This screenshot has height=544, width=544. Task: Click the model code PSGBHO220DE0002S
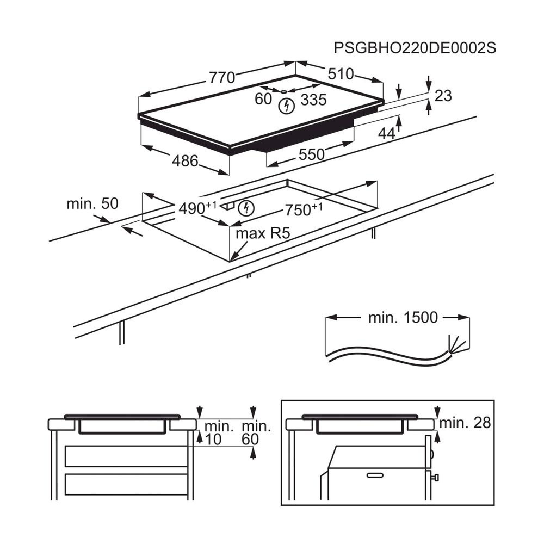[x=415, y=47]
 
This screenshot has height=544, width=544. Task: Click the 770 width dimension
[x=222, y=77]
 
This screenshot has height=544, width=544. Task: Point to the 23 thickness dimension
[x=443, y=96]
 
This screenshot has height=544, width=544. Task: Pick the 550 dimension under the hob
[x=311, y=154]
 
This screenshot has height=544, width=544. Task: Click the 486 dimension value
[x=184, y=161]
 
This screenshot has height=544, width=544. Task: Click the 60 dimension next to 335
[x=263, y=99]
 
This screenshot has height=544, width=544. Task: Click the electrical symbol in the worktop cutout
[x=246, y=207]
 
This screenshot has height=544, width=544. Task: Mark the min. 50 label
[x=92, y=204]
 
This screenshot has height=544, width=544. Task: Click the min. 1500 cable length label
[x=403, y=318]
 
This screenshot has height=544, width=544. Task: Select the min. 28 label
[x=465, y=423]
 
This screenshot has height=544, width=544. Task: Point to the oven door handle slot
[x=375, y=475]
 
